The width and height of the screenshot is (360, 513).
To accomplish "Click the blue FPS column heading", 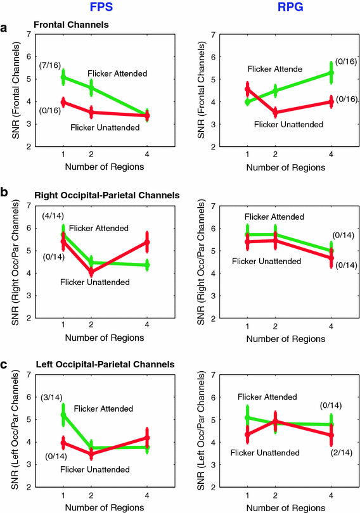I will pos(99,9).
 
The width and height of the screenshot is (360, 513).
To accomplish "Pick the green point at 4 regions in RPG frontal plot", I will pos(331,73).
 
